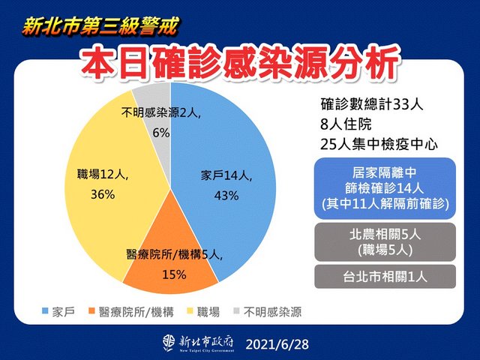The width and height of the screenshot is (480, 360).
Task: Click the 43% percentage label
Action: tap(226, 196)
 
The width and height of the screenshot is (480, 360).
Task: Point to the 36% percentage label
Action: tap(103, 194)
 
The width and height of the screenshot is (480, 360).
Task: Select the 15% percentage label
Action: tap(174, 274)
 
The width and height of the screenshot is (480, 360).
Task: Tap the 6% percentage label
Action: tap(161, 133)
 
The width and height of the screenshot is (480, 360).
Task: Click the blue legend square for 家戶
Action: tap(45, 311)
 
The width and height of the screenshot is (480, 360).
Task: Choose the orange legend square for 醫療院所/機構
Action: tap(91, 311)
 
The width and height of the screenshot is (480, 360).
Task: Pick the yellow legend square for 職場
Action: tap(190, 311)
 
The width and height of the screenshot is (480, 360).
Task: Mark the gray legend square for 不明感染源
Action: tap(236, 311)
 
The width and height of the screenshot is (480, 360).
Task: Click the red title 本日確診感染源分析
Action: tap(241, 64)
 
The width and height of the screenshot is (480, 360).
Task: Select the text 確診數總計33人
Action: tap(372, 104)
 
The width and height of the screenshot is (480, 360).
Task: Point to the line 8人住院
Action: tap(346, 124)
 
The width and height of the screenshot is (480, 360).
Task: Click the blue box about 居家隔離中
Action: tap(385, 188)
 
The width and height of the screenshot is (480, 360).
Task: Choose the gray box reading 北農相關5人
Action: tap(385, 242)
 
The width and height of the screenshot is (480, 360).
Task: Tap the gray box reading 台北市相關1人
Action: tap(385, 277)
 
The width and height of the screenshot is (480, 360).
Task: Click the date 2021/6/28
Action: tap(277, 344)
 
